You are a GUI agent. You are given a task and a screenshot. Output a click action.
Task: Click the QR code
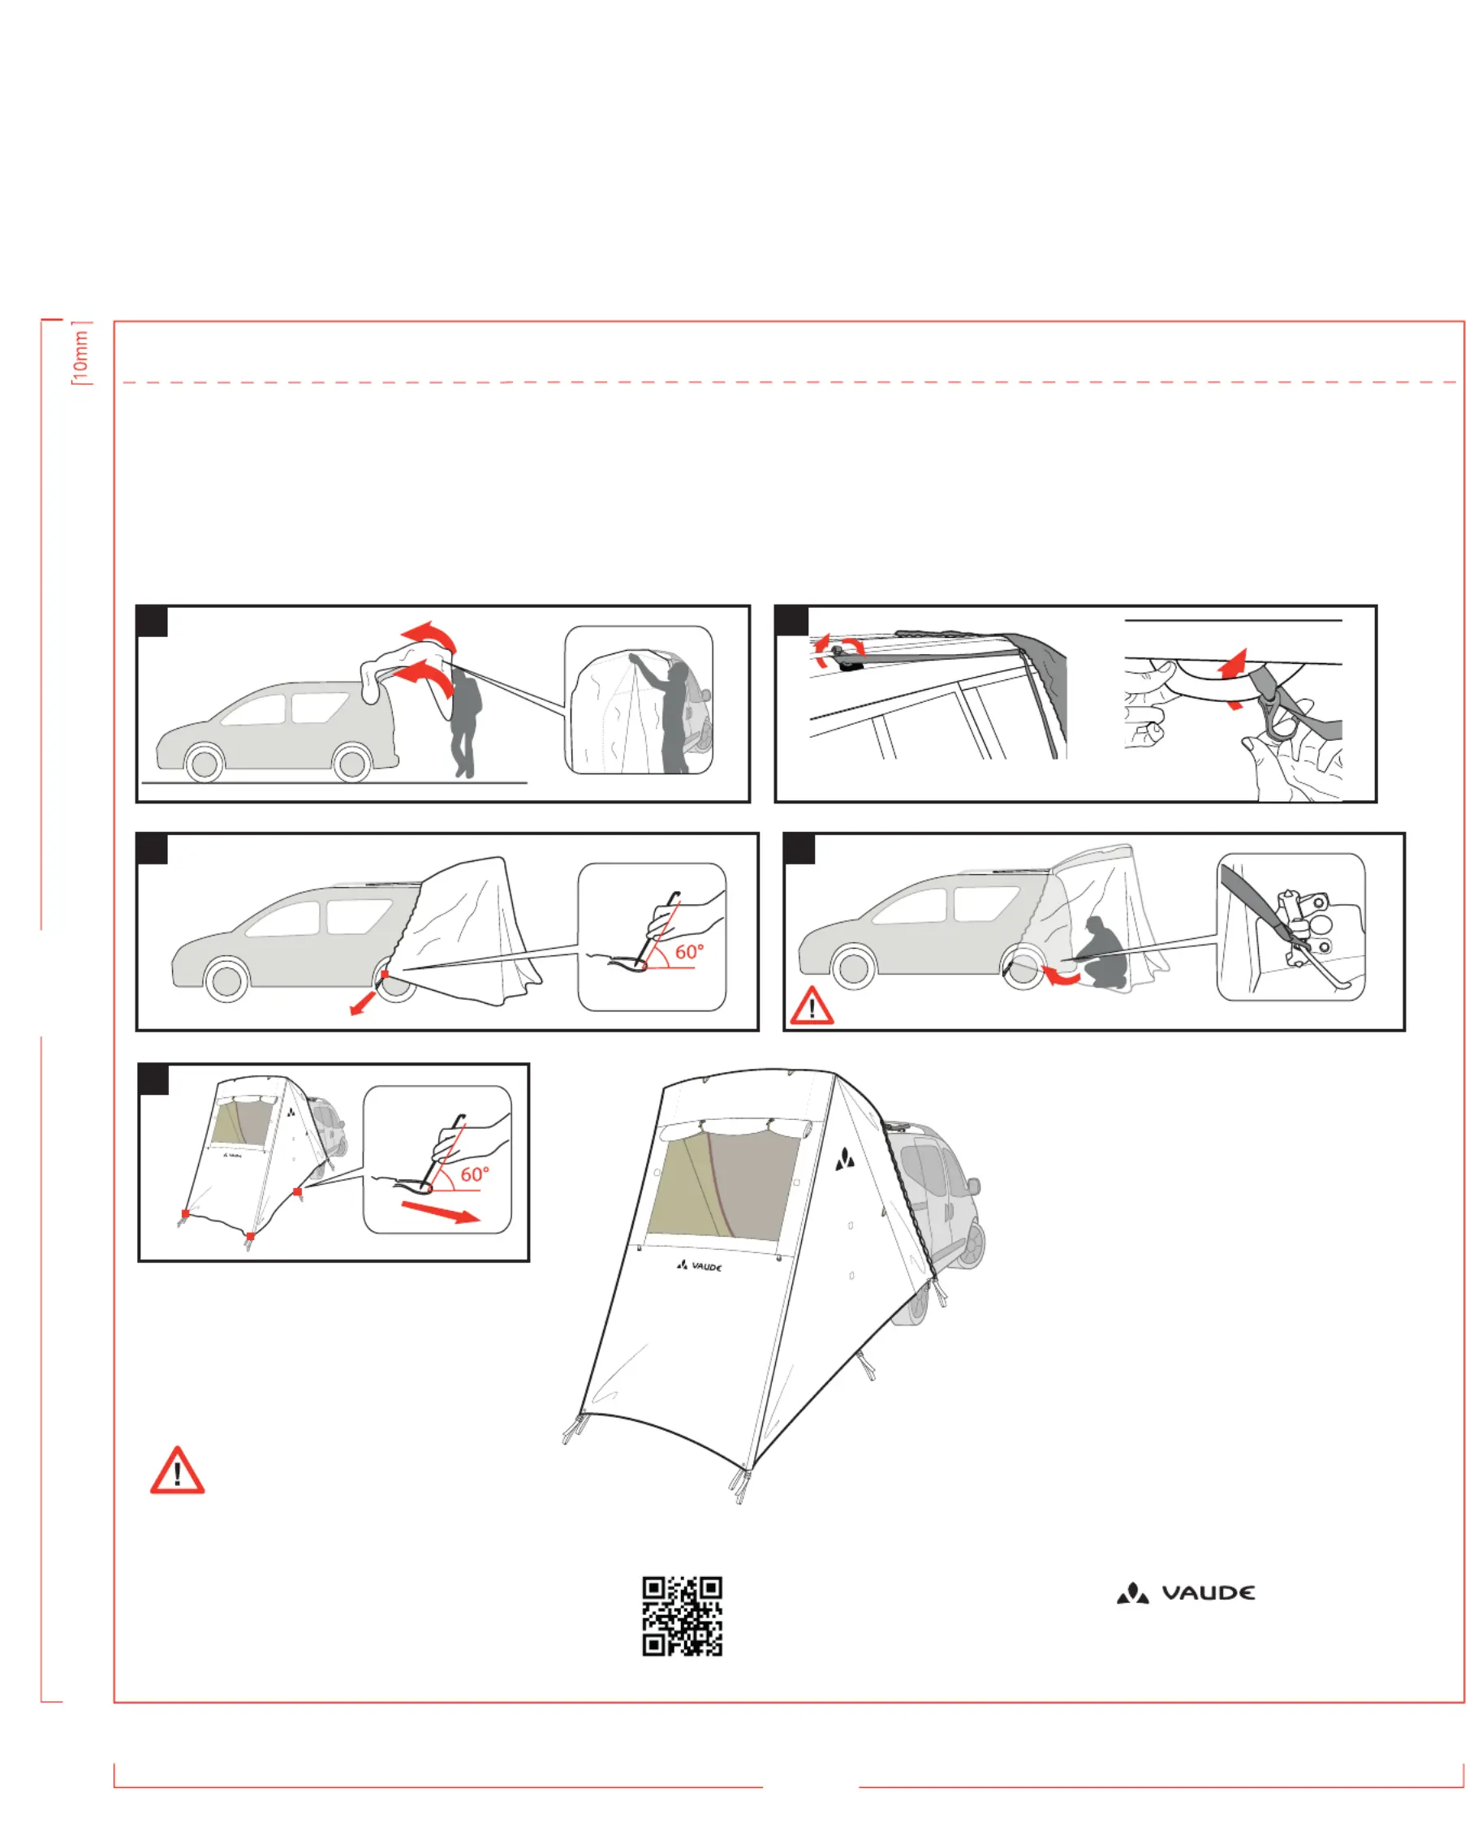coord(682,1615)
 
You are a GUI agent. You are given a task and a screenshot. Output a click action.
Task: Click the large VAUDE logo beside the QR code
coord(1185,1592)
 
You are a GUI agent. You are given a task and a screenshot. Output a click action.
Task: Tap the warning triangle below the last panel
coord(177,1471)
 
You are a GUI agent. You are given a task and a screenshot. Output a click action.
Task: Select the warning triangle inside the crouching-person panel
coord(812,1006)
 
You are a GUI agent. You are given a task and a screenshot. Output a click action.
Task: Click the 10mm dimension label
coord(80,353)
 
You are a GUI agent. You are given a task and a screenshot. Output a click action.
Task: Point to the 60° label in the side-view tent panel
coord(690,952)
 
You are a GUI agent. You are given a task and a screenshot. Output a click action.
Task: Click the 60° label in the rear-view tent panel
coord(475,1174)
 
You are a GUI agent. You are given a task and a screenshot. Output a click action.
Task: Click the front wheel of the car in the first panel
coord(205,764)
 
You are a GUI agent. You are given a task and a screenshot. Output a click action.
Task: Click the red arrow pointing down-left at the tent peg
coord(364,1003)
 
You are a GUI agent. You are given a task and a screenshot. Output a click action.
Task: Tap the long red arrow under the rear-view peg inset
coord(440,1212)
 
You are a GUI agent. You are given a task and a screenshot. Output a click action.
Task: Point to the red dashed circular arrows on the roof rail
coord(838,652)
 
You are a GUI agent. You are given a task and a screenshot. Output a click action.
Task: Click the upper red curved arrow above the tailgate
coord(433,635)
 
